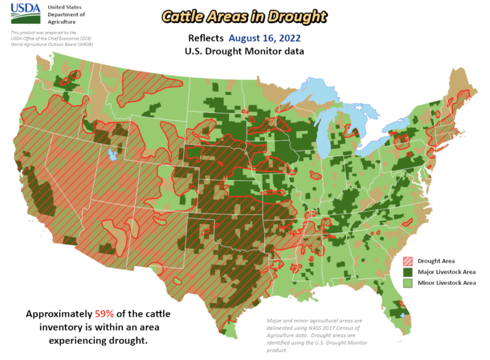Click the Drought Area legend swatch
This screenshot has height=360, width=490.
408,261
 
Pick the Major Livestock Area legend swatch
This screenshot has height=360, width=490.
408,272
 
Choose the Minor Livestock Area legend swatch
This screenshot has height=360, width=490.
408,282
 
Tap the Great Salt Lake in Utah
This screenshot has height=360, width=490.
112,155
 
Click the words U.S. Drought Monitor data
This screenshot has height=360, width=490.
244,50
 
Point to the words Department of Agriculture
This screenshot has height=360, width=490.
66,18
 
